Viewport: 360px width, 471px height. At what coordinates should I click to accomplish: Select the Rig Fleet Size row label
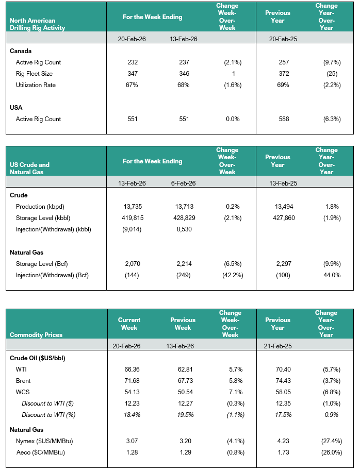click(34, 74)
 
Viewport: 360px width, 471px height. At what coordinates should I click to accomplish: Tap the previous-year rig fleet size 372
click(284, 74)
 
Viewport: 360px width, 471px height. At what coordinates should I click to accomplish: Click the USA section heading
click(16, 108)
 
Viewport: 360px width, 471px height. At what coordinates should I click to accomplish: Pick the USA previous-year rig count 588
click(284, 119)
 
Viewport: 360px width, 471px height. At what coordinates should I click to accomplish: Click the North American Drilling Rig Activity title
click(37, 24)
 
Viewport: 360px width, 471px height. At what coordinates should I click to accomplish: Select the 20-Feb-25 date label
click(284, 39)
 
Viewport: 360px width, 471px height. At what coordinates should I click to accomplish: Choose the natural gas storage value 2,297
click(284, 264)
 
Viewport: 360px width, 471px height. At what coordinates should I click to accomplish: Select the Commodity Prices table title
click(36, 335)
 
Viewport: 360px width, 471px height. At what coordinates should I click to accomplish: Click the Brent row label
click(23, 381)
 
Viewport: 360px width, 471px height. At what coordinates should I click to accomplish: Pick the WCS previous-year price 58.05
click(284, 392)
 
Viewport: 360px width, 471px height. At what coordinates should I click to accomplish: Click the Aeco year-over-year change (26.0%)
click(330, 452)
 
